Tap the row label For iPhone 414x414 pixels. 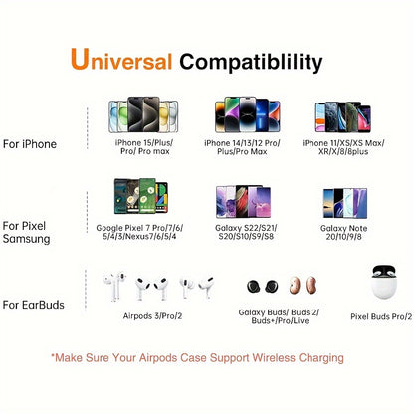pos(30,144)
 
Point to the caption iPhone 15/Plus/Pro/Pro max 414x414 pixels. pos(145,149)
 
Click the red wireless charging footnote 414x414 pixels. pos(207,354)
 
